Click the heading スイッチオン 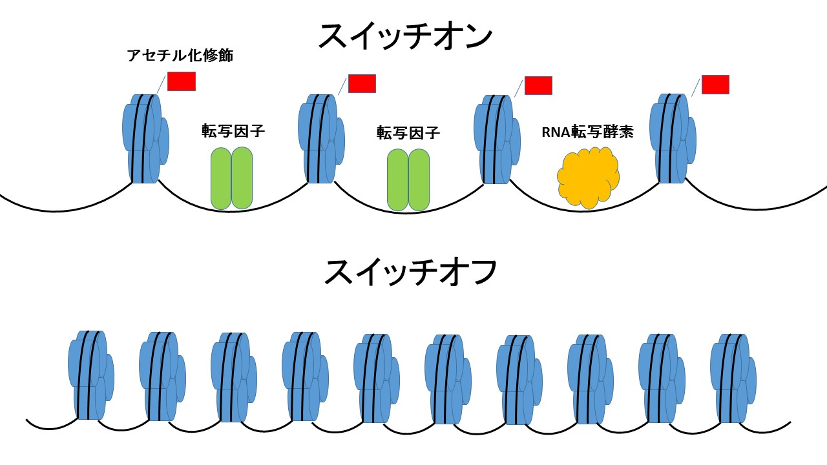(405, 37)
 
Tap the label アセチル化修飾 (180, 56)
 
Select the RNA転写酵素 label (587, 132)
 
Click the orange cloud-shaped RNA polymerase (588, 178)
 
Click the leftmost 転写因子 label (233, 131)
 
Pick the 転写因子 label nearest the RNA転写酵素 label (408, 133)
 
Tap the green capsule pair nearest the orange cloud (408, 180)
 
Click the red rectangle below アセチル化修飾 (181, 81)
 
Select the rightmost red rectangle (715, 85)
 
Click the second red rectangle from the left (362, 83)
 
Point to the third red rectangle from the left (538, 85)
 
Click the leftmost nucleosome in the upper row (145, 139)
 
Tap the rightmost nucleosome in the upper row (673, 138)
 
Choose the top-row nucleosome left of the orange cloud (497, 139)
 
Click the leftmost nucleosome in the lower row (90, 375)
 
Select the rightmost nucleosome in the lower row (733, 378)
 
